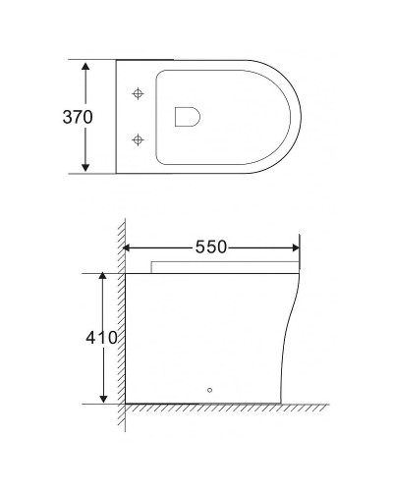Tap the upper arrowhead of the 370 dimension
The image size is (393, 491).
(x=86, y=65)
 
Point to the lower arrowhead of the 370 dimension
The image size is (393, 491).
(x=86, y=167)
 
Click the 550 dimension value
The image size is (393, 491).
(x=210, y=248)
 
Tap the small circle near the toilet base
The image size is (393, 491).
(x=208, y=389)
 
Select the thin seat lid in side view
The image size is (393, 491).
(x=226, y=267)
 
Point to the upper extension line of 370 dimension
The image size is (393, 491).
(x=98, y=59)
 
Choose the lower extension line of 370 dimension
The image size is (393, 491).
(x=98, y=174)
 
